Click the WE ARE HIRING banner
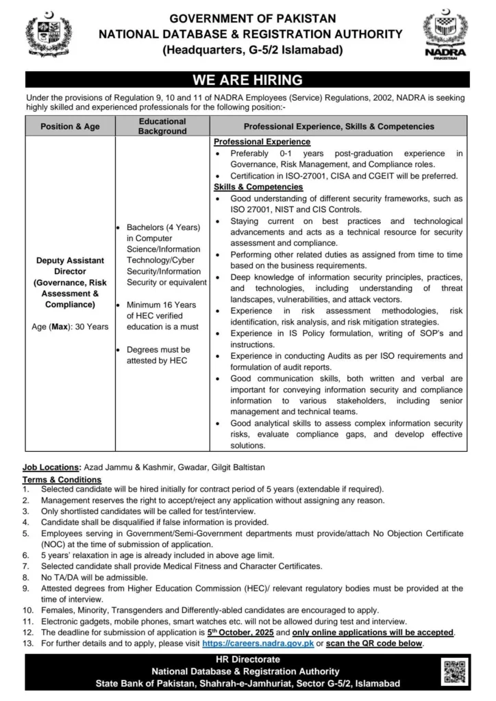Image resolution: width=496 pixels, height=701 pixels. click(247, 79)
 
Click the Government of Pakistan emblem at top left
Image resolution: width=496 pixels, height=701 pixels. click(49, 36)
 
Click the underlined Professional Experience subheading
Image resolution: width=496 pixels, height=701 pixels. click(262, 142)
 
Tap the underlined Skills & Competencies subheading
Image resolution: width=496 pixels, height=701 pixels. click(258, 187)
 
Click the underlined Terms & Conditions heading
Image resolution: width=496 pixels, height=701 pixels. click(62, 480)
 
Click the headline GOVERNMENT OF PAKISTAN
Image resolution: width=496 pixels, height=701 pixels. click(247, 18)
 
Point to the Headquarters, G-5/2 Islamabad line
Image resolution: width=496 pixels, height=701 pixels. click(247, 49)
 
